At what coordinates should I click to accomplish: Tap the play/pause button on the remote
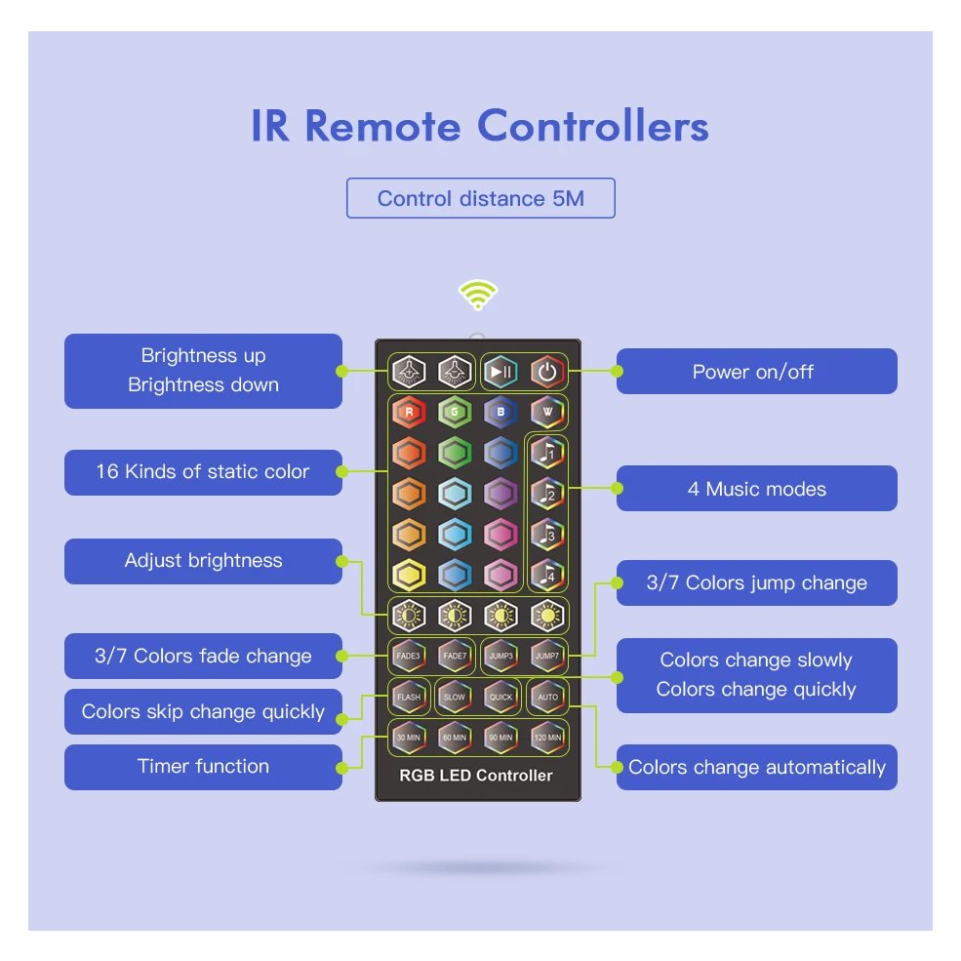pos(501,372)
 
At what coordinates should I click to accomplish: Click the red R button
pos(408,412)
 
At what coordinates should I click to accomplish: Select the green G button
pos(455,412)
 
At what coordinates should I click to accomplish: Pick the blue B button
pos(501,412)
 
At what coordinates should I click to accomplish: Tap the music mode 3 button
pos(547,535)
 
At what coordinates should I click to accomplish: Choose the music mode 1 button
pos(547,453)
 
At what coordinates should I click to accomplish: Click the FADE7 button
pos(455,656)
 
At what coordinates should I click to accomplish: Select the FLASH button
pos(408,697)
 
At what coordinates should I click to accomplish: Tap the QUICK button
pos(501,697)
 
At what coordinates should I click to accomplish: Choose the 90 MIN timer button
pos(501,738)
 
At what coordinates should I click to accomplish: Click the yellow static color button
pos(408,576)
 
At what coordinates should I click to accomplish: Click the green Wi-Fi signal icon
pos(478,295)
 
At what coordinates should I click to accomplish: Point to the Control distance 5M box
pos(480,198)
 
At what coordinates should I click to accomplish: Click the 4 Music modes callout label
pos(756,489)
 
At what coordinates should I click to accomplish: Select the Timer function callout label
pos(203,767)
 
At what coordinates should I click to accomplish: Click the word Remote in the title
pos(381,127)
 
